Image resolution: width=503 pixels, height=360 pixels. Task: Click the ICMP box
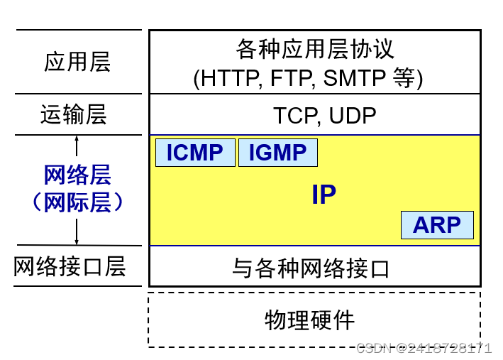(195, 153)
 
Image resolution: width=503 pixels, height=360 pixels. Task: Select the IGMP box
(277, 153)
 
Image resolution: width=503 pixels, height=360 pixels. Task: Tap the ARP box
(437, 225)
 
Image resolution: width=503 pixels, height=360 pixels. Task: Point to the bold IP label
(324, 195)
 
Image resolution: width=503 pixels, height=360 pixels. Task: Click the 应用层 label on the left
(77, 62)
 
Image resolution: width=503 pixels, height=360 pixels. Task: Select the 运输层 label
(74, 114)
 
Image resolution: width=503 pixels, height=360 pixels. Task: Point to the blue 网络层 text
(77, 174)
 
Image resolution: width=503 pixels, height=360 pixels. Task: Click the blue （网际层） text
(77, 202)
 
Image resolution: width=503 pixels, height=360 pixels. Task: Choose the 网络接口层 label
(70, 266)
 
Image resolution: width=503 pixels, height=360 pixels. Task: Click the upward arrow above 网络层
(77, 146)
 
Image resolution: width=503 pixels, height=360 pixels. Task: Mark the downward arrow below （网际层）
(77, 232)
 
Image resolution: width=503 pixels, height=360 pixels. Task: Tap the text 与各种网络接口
(311, 268)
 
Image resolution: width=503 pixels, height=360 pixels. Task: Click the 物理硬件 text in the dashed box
(309, 320)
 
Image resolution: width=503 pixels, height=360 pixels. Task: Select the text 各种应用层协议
(315, 50)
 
